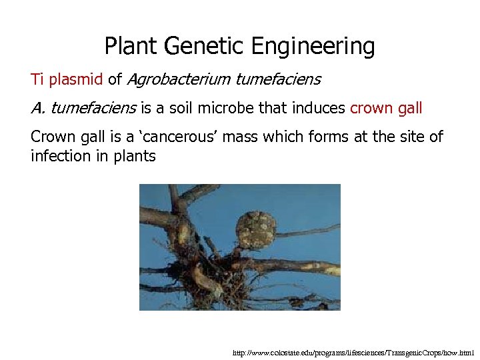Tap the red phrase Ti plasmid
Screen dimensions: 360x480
point(67,80)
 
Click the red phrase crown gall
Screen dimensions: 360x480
point(386,108)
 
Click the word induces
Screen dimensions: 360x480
point(319,108)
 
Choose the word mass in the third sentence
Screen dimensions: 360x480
point(241,137)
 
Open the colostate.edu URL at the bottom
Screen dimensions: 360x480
point(353,352)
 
